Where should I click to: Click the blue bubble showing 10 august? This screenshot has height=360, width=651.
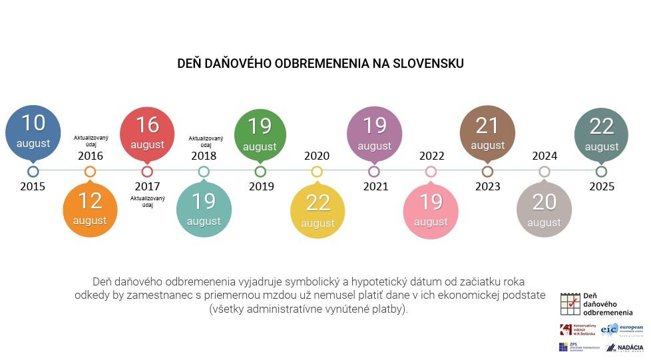[33, 132]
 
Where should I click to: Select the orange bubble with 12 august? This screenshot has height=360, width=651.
[90, 208]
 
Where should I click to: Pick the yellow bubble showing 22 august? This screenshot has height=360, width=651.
[318, 210]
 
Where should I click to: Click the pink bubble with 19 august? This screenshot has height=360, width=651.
[431, 210]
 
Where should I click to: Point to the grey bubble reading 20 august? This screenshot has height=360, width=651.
[544, 210]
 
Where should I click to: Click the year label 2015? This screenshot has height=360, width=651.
[33, 186]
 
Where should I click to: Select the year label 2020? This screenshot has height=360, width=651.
[317, 156]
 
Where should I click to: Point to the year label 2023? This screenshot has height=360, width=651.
[488, 186]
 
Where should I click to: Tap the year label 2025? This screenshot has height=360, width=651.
[602, 186]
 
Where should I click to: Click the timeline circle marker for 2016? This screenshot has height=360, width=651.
[90, 172]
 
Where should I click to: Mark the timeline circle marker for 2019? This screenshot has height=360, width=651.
[260, 172]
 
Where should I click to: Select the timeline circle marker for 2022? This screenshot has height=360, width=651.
[431, 172]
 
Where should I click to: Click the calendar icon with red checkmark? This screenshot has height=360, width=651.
[569, 304]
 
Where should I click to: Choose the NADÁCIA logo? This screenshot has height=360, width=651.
[624, 347]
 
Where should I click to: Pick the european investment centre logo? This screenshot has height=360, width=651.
[623, 329]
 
